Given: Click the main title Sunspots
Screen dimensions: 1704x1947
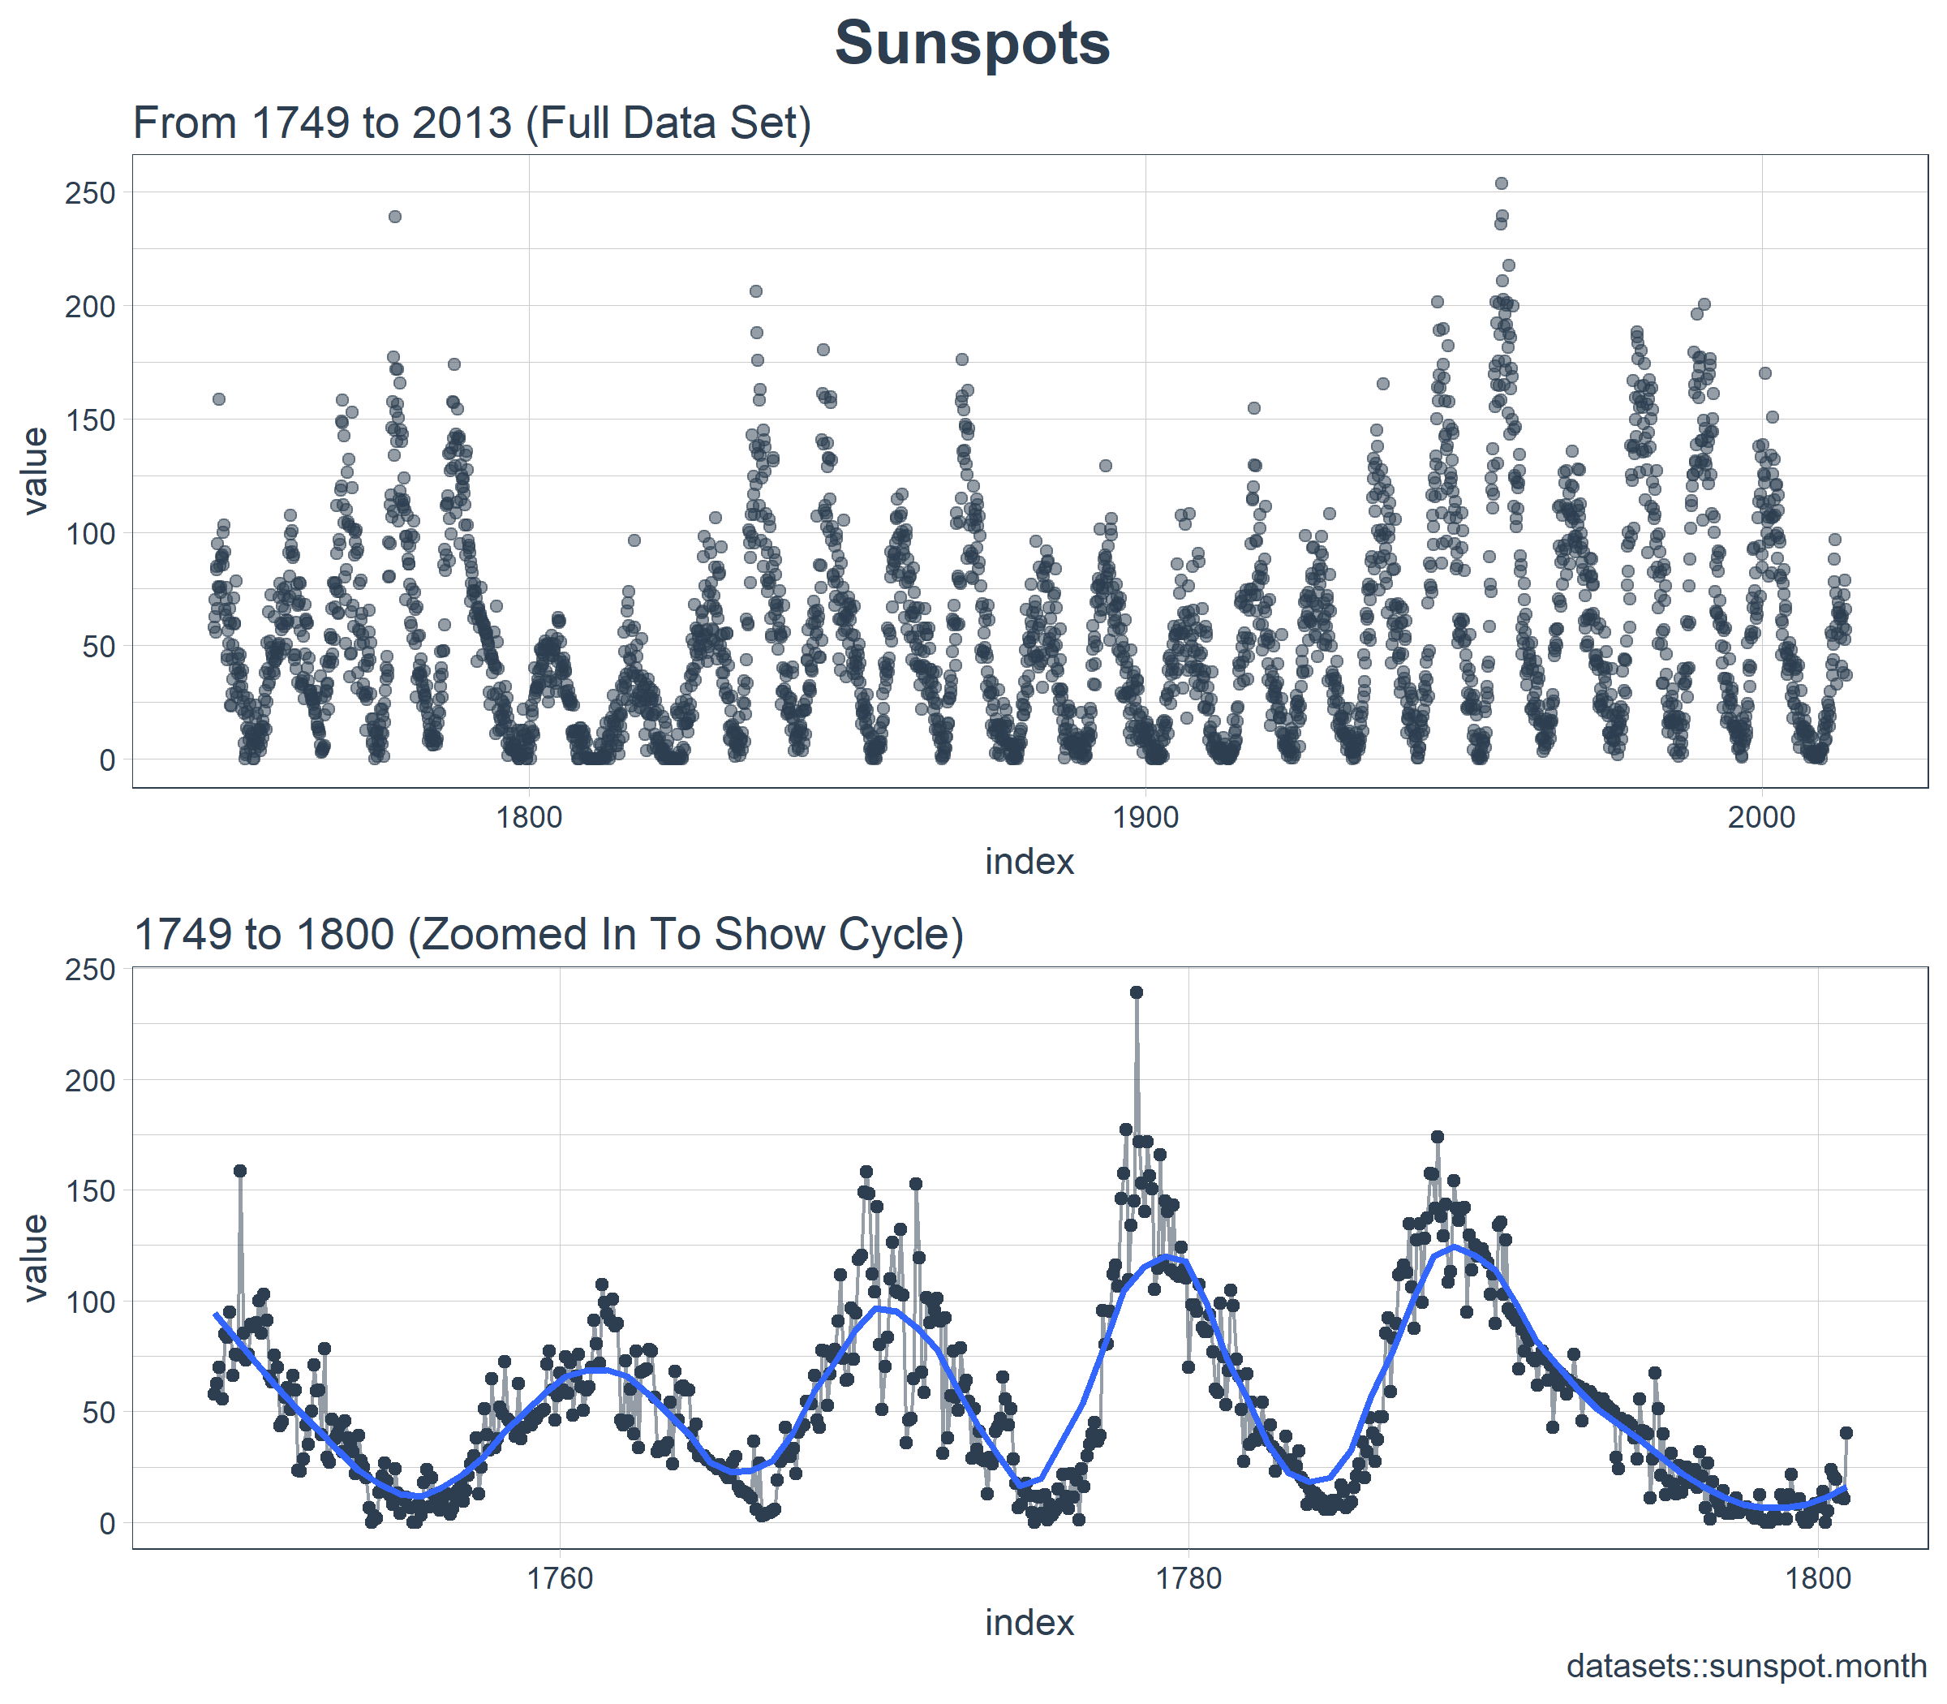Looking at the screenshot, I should click(972, 44).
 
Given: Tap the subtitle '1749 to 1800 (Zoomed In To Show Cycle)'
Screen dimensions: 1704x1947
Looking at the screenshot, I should click(548, 935).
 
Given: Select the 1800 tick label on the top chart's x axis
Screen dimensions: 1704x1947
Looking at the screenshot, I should click(530, 817).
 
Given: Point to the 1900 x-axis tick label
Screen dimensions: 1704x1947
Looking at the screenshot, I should click(1145, 817).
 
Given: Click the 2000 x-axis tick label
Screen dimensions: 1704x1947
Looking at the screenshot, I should click(1761, 817).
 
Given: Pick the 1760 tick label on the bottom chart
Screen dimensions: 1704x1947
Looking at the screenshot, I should click(559, 1578).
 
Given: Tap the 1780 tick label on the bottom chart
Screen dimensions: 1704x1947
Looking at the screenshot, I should click(1188, 1578).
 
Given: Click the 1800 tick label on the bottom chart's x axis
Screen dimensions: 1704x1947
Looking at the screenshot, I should click(1818, 1578).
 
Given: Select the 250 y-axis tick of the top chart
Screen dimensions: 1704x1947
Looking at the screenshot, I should click(89, 193).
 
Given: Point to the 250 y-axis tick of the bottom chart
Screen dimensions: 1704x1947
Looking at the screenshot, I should click(89, 970).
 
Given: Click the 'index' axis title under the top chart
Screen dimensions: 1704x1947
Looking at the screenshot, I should click(1029, 862).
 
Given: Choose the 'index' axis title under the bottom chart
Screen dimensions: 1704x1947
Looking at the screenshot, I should click(1029, 1622).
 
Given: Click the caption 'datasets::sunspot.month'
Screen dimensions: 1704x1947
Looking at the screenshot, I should click(1747, 1666).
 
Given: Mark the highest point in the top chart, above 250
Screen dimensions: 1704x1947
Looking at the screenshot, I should click(1501, 183).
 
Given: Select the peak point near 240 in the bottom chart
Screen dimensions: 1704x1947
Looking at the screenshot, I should click(1136, 992).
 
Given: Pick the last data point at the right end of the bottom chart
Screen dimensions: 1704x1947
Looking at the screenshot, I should click(1846, 1433).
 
